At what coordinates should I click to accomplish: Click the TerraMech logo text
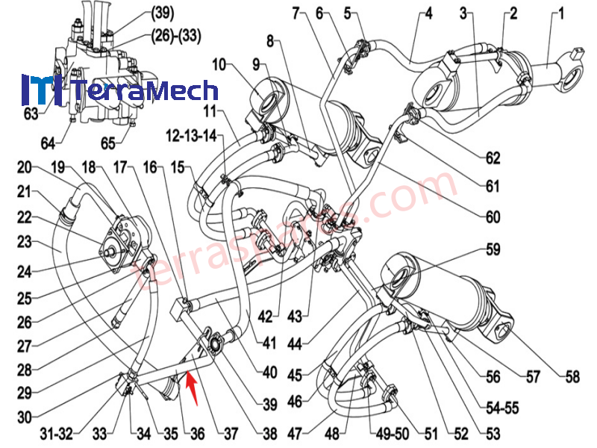[x=146, y=91]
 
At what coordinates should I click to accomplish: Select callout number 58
[x=572, y=377]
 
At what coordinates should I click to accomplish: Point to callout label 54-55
[x=504, y=409]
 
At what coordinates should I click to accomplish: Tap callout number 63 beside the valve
[x=30, y=114]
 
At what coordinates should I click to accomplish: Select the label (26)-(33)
[x=176, y=34]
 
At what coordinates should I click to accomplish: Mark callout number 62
[x=492, y=158]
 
